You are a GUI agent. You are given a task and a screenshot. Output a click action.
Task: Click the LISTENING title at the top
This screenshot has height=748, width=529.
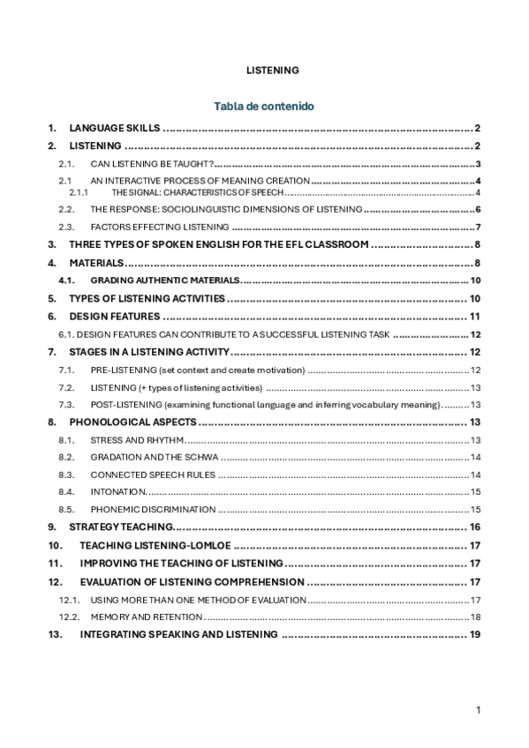[272, 70]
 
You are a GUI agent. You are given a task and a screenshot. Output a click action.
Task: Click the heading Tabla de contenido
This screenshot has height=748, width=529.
[263, 106]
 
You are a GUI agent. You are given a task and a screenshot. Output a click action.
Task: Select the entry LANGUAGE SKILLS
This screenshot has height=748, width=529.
[114, 128]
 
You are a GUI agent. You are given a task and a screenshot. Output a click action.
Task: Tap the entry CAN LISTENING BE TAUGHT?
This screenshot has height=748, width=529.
[152, 164]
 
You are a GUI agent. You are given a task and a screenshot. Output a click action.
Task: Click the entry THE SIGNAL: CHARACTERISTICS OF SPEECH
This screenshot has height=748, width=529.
[197, 192]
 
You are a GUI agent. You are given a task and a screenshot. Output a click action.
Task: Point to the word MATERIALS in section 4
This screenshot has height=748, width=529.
[96, 263]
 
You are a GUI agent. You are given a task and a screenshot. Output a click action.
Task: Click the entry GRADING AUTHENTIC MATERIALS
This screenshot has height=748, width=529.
[164, 280]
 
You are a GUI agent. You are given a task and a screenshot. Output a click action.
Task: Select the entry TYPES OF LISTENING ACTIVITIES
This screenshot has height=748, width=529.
[147, 299]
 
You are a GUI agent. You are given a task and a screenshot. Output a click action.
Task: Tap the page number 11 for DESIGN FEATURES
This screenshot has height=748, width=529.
[474, 317]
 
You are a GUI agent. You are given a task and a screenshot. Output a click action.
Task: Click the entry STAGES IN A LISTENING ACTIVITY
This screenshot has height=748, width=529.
[149, 352]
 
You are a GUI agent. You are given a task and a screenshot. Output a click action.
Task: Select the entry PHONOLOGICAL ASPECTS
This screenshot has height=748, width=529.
[132, 423]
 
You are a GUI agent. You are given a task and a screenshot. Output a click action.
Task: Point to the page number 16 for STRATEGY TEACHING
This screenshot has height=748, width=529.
[474, 527]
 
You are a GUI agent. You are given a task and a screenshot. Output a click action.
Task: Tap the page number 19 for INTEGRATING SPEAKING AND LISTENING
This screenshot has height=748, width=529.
[474, 634]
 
